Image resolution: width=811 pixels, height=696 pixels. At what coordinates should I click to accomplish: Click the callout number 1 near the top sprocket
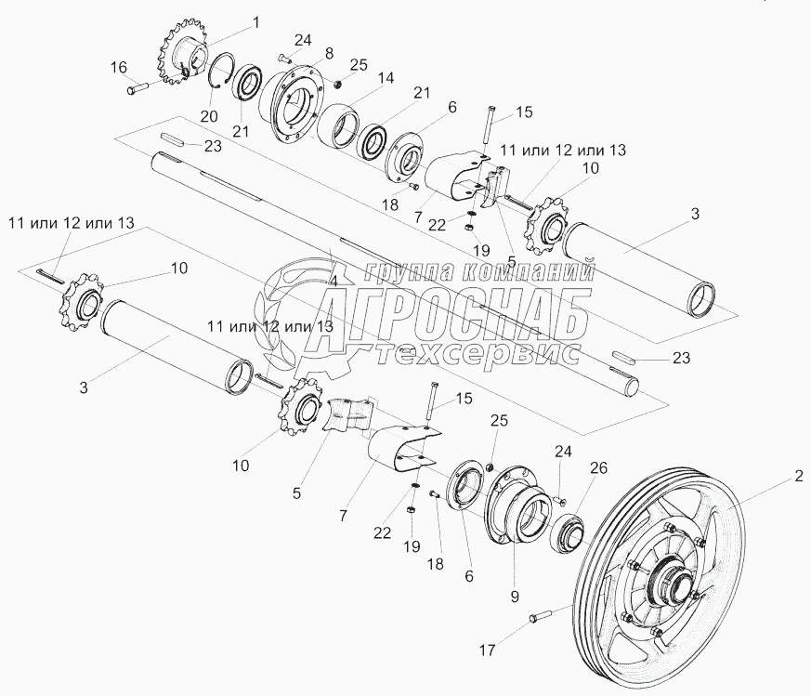[230, 20]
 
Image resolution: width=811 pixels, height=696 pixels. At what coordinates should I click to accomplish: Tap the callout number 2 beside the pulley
[797, 479]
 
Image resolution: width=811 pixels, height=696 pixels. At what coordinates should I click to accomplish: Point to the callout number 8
[303, 55]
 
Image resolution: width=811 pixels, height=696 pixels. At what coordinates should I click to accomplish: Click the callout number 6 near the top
[451, 108]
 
